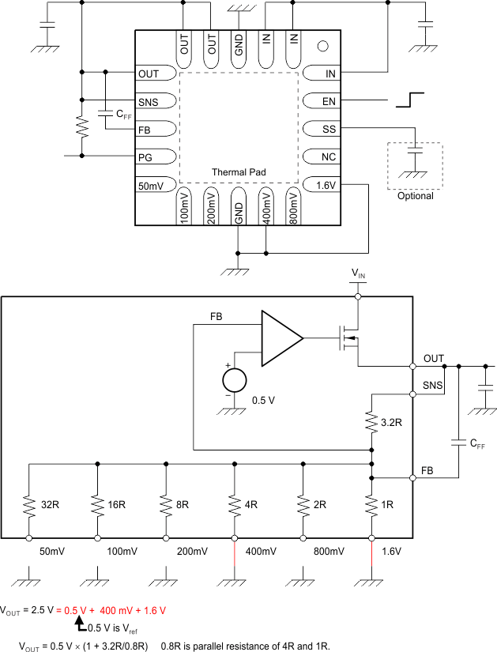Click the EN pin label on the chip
point(329,102)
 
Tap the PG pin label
point(146,156)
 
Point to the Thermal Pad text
point(239,171)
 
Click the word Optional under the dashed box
point(416,196)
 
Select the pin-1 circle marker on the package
point(322,45)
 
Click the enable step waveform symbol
point(411,100)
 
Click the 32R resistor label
point(51,504)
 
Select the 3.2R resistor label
point(393,423)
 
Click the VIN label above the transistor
point(359,273)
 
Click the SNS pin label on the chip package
point(148,102)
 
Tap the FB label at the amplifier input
point(216,316)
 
